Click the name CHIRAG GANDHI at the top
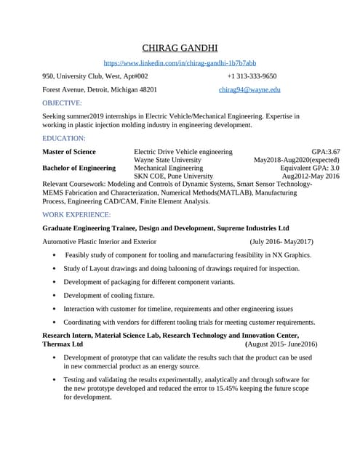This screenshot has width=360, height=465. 180,49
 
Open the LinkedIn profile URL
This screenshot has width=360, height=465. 180,64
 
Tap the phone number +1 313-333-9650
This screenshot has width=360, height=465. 252,76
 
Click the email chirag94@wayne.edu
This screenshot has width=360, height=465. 249,90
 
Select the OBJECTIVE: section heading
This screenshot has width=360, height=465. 62,103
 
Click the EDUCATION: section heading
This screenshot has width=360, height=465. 64,138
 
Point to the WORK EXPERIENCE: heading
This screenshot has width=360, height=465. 76,215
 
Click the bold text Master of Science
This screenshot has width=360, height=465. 69,151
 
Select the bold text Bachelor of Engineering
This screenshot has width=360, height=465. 79,168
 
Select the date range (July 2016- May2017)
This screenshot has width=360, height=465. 281,241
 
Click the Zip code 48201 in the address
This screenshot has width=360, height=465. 164,90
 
